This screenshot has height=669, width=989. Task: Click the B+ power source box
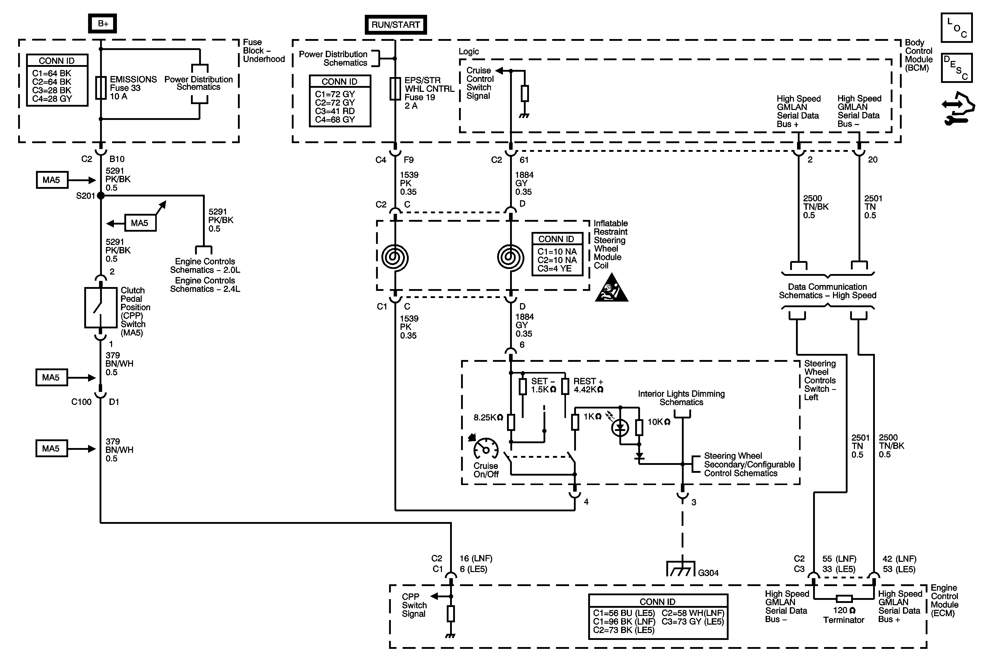click(103, 23)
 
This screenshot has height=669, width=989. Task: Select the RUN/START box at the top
click(395, 25)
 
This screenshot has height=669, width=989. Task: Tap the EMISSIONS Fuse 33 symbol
click(101, 88)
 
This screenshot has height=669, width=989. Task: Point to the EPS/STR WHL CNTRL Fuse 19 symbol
click(395, 89)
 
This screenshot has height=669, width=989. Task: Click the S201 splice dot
click(101, 196)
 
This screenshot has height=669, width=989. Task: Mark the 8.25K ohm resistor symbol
click(511, 422)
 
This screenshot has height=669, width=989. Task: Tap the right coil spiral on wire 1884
click(511, 258)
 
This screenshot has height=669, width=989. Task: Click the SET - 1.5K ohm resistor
click(523, 387)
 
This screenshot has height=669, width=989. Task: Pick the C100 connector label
click(81, 402)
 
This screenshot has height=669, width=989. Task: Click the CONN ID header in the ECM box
click(657, 601)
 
